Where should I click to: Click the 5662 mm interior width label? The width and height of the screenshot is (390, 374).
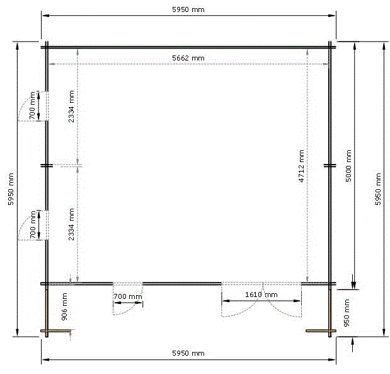[x=188, y=58]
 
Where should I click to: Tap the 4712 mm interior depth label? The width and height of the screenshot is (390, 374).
[x=301, y=166]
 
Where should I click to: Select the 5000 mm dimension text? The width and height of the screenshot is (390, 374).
[x=348, y=166]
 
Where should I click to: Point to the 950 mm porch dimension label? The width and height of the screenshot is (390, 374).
[x=347, y=313]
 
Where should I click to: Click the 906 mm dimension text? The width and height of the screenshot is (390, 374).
[x=64, y=307]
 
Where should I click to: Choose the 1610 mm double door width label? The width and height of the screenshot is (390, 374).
[x=261, y=295]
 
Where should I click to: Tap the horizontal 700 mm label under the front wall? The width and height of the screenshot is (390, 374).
[x=128, y=296]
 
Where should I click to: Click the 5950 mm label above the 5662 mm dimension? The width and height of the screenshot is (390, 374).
[x=188, y=9]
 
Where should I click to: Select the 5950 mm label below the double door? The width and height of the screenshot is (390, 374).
[x=188, y=353]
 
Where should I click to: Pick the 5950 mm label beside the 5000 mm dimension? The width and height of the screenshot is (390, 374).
[x=378, y=189]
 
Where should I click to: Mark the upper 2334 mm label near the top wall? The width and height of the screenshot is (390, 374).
[x=71, y=107]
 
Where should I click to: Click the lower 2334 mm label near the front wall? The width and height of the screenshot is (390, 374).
[x=71, y=225]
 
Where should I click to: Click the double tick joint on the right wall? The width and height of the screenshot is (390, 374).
[x=330, y=165]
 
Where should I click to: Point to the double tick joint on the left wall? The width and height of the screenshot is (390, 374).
[x=47, y=165]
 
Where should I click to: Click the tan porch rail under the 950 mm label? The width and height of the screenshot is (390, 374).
[x=321, y=331]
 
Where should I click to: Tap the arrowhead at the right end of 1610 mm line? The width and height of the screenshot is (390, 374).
[x=297, y=301]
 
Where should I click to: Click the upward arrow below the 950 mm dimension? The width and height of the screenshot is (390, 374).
[x=352, y=344]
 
